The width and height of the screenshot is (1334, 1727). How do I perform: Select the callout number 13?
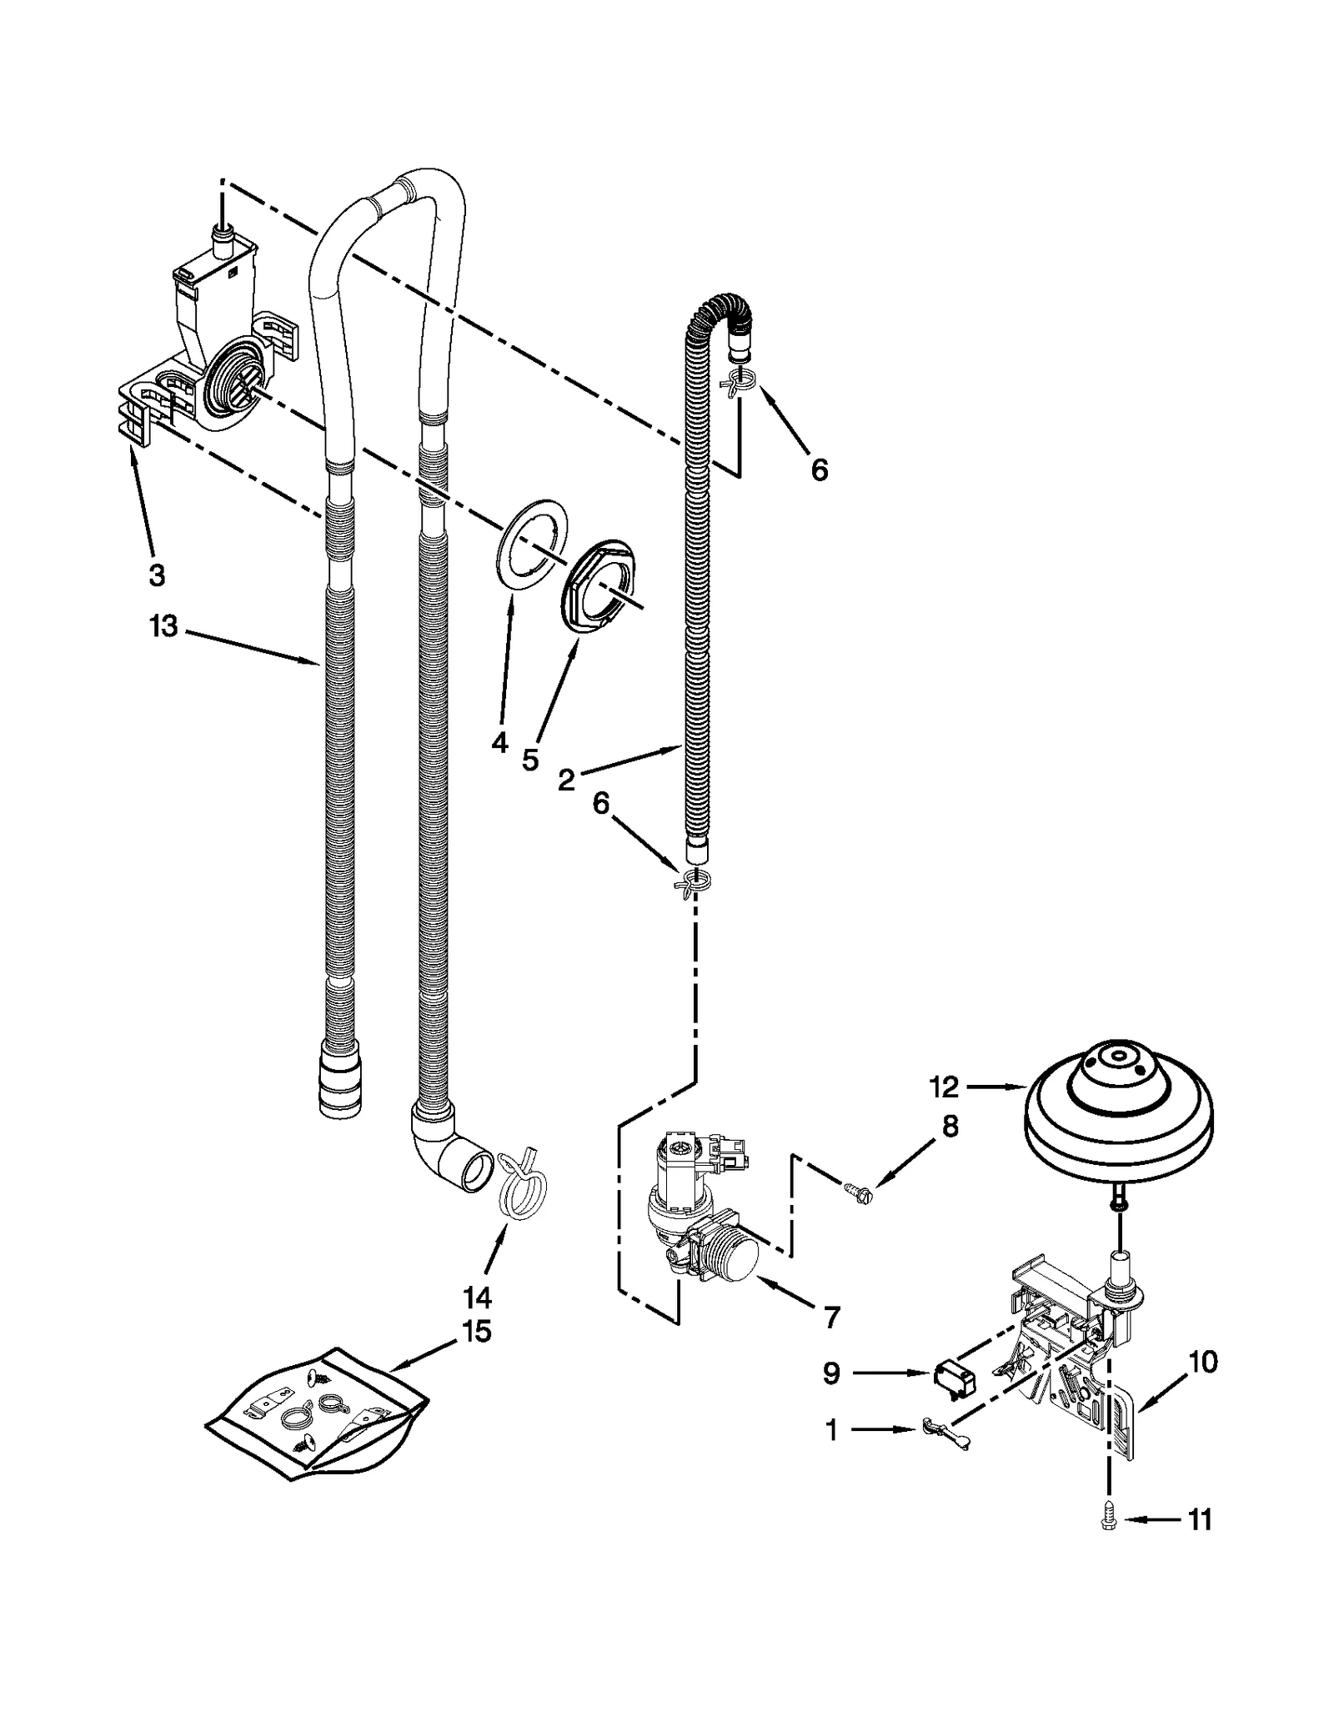163,626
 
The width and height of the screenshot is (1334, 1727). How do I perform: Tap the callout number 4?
499,741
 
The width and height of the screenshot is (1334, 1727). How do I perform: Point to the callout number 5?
530,759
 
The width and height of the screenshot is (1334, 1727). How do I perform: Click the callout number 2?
566,780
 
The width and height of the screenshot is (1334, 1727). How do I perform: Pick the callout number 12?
944,1087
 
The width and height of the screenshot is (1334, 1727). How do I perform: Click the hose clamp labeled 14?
519,1186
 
